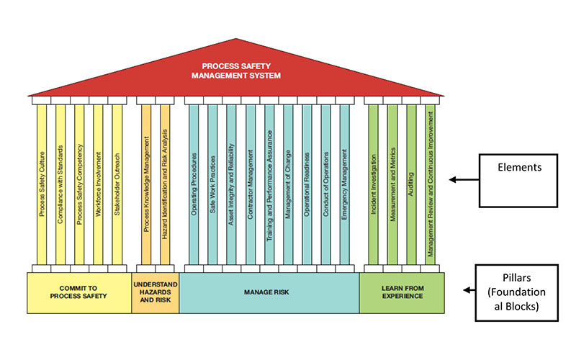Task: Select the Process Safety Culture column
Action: click(42, 184)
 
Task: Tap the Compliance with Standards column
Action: click(60, 184)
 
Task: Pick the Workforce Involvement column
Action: click(98, 184)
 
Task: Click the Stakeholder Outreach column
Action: click(117, 184)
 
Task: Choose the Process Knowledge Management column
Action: click(146, 184)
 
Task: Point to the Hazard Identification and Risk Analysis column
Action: click(165, 184)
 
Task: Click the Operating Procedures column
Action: click(194, 184)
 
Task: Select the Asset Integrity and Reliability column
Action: click(231, 184)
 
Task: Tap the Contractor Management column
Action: click(250, 184)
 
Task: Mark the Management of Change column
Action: click(287, 184)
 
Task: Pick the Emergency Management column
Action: click(344, 184)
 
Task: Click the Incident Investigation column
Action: click(373, 184)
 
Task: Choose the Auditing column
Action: click(410, 184)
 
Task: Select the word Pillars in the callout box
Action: click(516, 276)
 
